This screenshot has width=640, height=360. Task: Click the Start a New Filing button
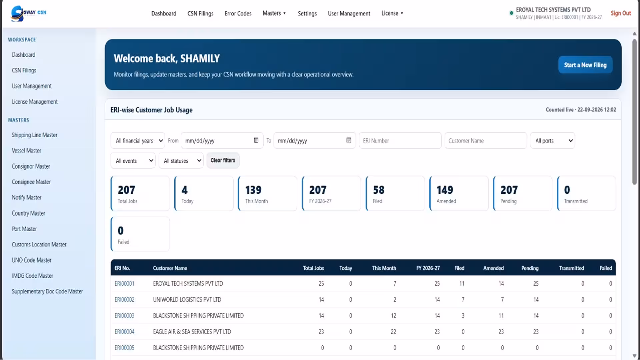pyautogui.click(x=585, y=65)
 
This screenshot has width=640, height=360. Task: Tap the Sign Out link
pyautogui.click(x=621, y=13)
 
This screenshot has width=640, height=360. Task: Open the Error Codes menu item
pyautogui.click(x=238, y=13)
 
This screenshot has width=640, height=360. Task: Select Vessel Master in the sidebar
pyautogui.click(x=26, y=151)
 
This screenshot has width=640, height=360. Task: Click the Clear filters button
pyautogui.click(x=223, y=160)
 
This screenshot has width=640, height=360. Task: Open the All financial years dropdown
pyautogui.click(x=138, y=141)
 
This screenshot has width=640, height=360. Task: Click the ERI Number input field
pyautogui.click(x=400, y=141)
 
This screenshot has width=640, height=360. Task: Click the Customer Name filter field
pyautogui.click(x=486, y=141)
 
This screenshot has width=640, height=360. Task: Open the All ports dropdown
pyautogui.click(x=552, y=141)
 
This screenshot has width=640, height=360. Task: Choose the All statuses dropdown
pyautogui.click(x=181, y=161)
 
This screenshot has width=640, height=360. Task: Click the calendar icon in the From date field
pyautogui.click(x=256, y=140)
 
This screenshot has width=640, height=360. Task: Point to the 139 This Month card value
pyautogui.click(x=253, y=190)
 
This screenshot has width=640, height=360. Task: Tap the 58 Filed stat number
pyautogui.click(x=379, y=190)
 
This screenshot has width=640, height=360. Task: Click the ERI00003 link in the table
pyautogui.click(x=124, y=316)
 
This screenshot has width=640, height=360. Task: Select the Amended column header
pyautogui.click(x=493, y=268)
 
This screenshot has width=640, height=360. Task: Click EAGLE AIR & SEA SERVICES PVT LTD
pyautogui.click(x=192, y=332)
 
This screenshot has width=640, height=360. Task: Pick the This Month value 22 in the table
pyautogui.click(x=393, y=332)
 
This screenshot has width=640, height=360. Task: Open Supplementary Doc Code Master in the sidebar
pyautogui.click(x=47, y=291)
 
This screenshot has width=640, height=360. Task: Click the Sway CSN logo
pyautogui.click(x=28, y=13)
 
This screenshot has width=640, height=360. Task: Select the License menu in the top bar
pyautogui.click(x=392, y=13)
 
